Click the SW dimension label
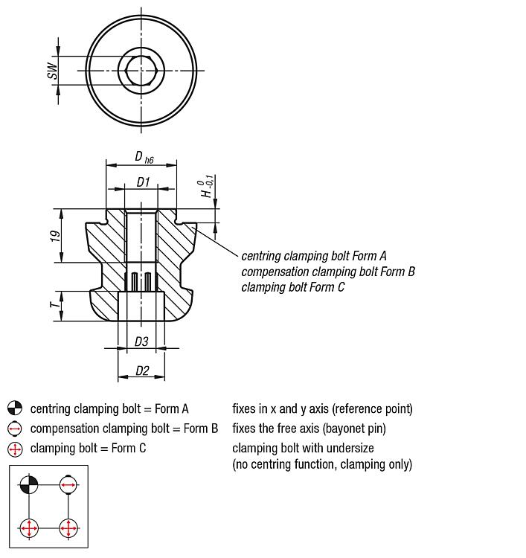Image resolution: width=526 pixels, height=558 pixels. tap(51, 71)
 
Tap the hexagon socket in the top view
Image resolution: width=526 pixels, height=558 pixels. tap(140, 71)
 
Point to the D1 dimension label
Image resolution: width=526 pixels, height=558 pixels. tap(143, 182)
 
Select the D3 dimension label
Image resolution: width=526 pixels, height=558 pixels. tap(141, 341)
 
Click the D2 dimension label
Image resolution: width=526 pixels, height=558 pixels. tap(142, 370)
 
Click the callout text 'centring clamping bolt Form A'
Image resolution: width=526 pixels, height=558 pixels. tap(314, 256)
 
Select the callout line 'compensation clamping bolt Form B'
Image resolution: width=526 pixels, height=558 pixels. tap(328, 272)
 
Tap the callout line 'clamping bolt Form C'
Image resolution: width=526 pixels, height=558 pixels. tap(293, 287)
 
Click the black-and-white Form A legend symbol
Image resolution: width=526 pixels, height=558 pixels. tap(15, 408)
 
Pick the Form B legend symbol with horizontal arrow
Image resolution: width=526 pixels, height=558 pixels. tap(15, 429)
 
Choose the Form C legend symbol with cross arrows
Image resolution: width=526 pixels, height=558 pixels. tap(15, 449)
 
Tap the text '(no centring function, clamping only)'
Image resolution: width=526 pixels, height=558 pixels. tap(322, 464)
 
